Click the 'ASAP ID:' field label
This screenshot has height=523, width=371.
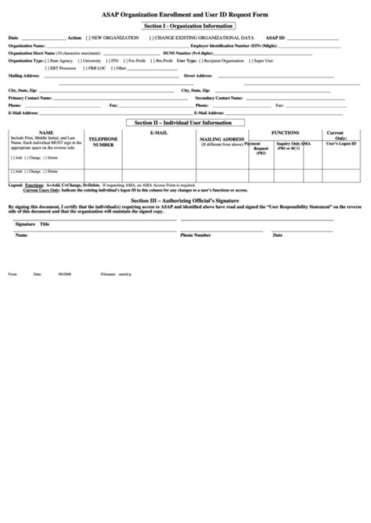click(276, 38)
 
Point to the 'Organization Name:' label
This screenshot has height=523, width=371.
click(27, 45)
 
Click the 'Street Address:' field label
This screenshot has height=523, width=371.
click(197, 76)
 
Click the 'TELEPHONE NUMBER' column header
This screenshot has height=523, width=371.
click(103, 141)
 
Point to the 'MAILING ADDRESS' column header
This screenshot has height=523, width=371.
click(222, 140)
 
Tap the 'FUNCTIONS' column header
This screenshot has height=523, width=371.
click(284, 134)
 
